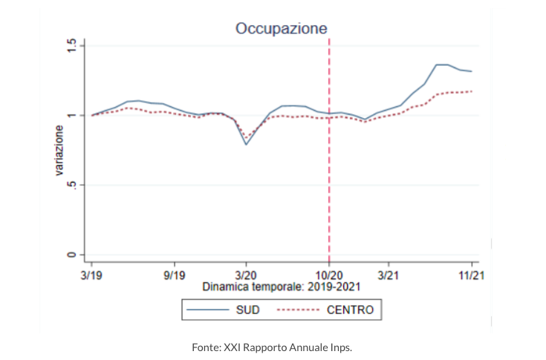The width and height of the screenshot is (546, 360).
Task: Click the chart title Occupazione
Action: tap(282, 28)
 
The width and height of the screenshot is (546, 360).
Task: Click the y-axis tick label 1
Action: tap(72, 115)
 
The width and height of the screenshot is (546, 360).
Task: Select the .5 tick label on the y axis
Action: tap(72, 185)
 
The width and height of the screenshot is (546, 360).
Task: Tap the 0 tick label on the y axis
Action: tap(72, 255)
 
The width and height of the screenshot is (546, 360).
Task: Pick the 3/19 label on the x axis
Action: tap(91, 273)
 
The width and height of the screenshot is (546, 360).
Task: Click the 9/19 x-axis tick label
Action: tap(174, 273)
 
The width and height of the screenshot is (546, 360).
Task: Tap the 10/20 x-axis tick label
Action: tap(329, 273)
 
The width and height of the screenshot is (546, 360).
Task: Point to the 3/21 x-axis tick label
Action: tap(389, 273)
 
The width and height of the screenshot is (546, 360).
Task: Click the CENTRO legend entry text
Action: tap(350, 309)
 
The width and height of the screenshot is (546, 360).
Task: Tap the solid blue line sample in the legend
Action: tap(207, 309)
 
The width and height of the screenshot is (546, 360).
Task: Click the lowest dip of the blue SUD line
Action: tap(246, 144)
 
